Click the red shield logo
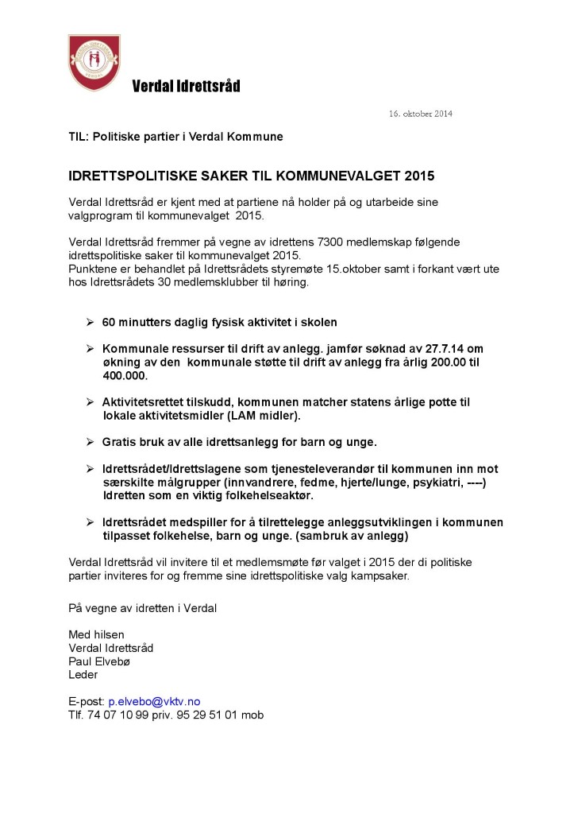pyautogui.click(x=94, y=62)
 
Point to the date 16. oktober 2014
pyautogui.click(x=420, y=114)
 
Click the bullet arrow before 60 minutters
pyautogui.click(x=90, y=323)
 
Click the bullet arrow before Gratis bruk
pyautogui.click(x=90, y=441)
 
